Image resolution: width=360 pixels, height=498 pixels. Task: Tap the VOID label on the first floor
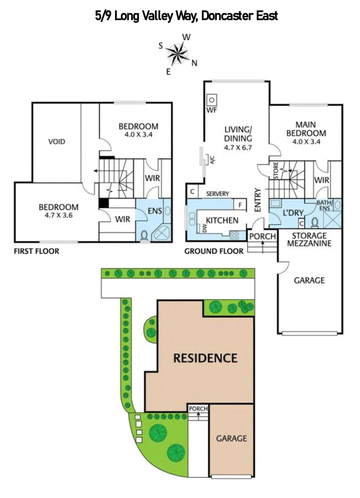pos(57,142)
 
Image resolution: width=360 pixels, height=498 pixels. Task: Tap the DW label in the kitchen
pos(204,227)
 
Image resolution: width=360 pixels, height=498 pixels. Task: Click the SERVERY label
pos(218,194)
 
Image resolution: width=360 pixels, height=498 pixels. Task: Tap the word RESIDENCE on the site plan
pos(205,358)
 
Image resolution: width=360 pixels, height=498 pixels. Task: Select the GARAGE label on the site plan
pos(232,439)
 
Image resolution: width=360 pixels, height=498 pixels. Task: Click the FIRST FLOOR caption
pos(36,251)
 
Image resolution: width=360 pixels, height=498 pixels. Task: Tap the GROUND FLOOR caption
pos(213,251)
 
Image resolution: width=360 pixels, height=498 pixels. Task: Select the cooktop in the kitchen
pos(234,235)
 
